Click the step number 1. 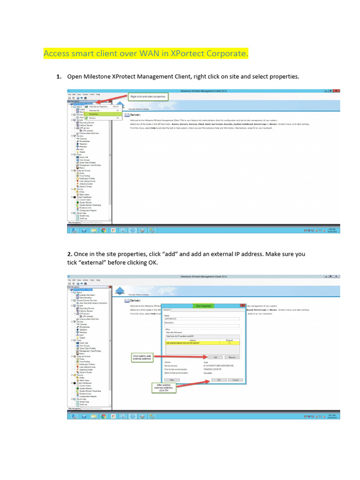[x=59, y=76]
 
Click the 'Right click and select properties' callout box [x=148, y=96]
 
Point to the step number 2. [x=70, y=254]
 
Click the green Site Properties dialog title [x=203, y=306]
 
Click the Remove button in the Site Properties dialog [x=232, y=357]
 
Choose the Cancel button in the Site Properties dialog [x=235, y=380]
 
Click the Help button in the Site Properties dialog [x=172, y=380]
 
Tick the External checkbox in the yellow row [x=229, y=344]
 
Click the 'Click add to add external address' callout [x=142, y=358]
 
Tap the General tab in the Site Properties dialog [x=166, y=310]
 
